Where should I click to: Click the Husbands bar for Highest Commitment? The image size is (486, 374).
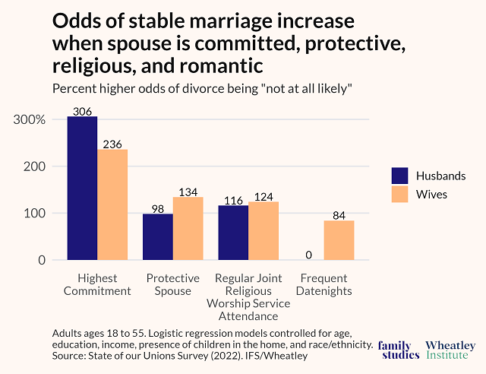(x=82, y=189)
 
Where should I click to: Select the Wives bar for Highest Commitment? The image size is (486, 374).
(x=112, y=205)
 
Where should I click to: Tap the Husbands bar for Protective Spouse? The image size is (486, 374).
(x=158, y=237)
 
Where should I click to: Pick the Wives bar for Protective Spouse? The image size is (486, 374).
(x=188, y=229)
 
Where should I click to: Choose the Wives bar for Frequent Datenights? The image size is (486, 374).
(x=339, y=240)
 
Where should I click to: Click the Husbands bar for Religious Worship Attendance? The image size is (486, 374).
(x=233, y=233)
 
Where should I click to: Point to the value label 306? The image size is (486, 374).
(x=82, y=111)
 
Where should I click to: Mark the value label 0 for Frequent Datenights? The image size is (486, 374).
(x=309, y=255)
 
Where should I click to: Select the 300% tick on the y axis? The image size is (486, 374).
(x=30, y=120)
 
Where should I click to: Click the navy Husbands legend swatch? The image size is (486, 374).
(x=400, y=176)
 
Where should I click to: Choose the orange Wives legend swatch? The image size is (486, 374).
(x=400, y=195)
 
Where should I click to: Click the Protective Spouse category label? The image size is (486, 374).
(x=173, y=284)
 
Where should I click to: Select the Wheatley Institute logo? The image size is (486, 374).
(x=451, y=350)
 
